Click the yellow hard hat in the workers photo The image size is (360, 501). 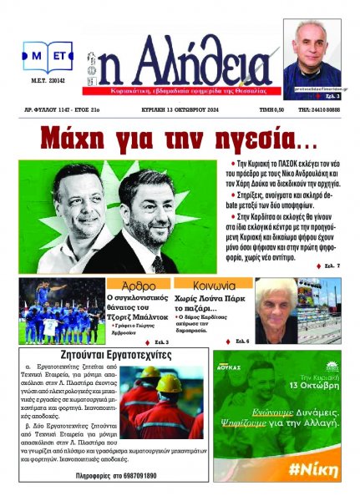171,383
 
